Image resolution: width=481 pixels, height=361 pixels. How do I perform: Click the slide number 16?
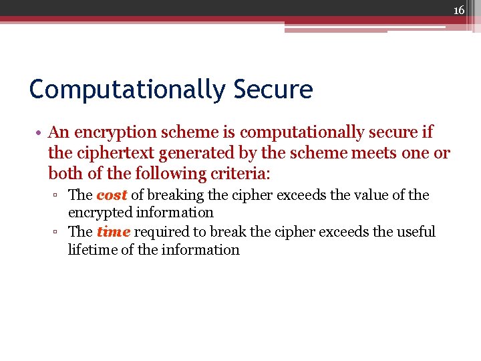[x=458, y=10]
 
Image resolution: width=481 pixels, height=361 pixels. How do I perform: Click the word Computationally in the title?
[x=128, y=89]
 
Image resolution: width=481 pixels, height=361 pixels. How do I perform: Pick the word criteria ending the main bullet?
[x=237, y=173]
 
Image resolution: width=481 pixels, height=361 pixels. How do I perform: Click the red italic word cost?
[x=112, y=195]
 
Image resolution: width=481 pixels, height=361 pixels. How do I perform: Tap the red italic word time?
[x=113, y=232]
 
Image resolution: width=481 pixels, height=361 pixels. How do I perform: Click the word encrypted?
[x=100, y=213]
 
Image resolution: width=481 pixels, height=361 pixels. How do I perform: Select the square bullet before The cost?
[x=57, y=196]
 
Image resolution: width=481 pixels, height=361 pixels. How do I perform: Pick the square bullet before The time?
[x=57, y=233]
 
